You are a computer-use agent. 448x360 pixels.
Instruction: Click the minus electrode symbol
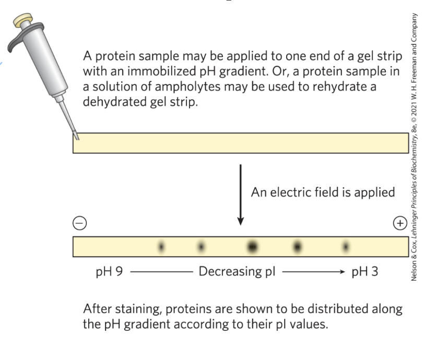coord(79,223)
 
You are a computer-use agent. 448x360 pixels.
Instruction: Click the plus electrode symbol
coord(400,223)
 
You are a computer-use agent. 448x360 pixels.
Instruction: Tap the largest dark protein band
coord(252,246)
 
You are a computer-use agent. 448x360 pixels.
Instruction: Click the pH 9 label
coord(108,272)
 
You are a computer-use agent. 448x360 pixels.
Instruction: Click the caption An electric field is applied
coord(323,193)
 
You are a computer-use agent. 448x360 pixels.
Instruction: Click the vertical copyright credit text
coord(414,146)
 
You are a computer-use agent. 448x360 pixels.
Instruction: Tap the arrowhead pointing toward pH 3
coord(341,272)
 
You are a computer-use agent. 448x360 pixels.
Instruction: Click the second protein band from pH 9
coord(201,246)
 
